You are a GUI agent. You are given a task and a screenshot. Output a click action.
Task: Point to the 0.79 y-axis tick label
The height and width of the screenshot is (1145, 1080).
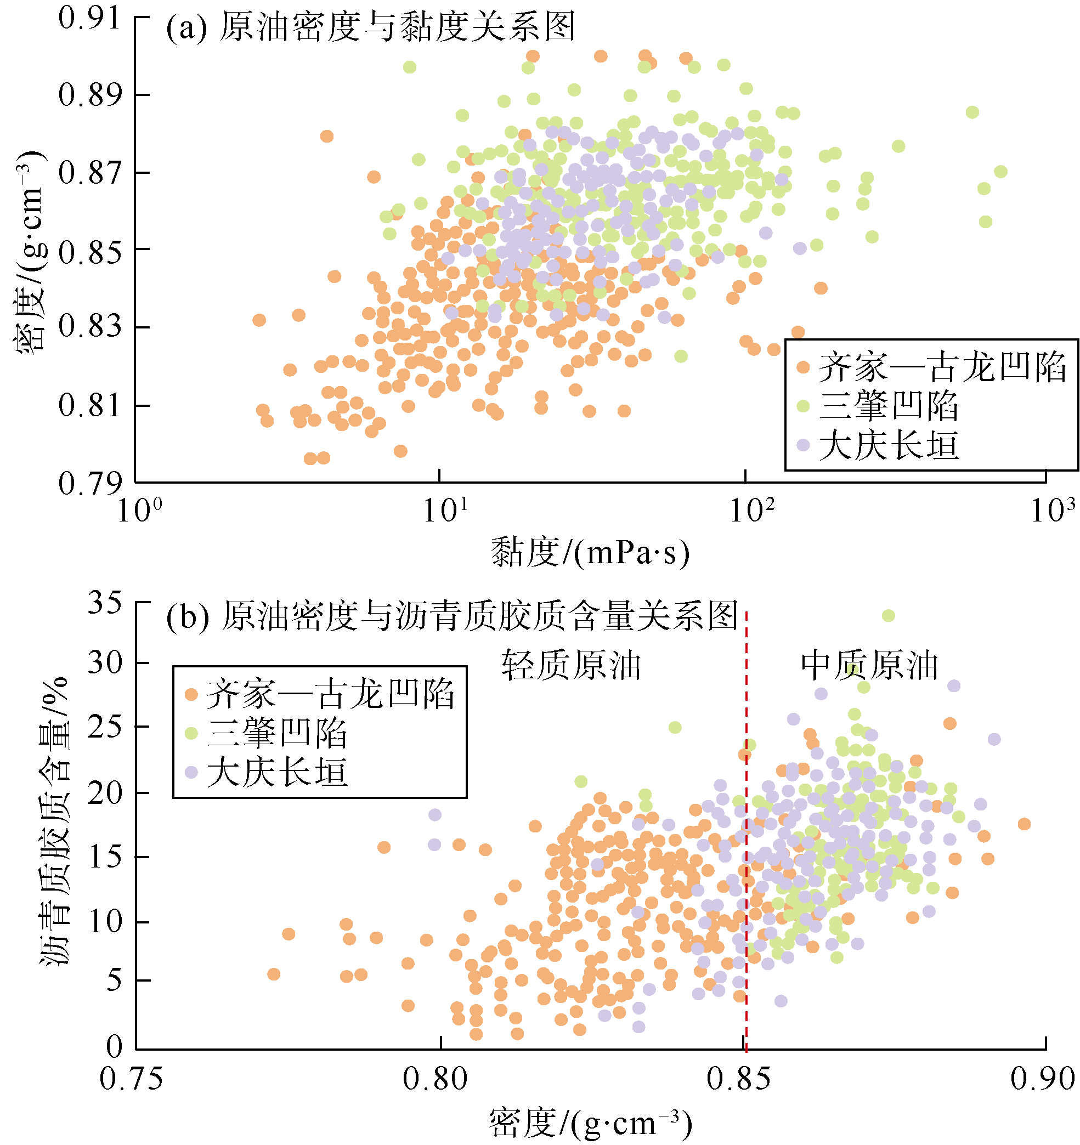89,483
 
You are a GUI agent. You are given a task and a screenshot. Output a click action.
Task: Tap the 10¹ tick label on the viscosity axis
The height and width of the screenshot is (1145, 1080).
445,511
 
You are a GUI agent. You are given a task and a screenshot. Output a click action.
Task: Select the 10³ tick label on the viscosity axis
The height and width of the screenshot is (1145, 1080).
1054,511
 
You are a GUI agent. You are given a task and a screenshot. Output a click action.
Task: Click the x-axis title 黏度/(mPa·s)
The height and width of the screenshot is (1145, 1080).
590,553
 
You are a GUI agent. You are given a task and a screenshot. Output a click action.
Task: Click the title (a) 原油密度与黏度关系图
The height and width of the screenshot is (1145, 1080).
371,27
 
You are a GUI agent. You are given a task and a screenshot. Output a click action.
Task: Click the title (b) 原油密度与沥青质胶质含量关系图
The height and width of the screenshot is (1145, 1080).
451,616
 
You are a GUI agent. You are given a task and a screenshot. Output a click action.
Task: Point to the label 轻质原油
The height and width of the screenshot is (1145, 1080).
571,666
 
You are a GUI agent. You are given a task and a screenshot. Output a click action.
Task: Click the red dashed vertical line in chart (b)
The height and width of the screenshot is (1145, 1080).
747,864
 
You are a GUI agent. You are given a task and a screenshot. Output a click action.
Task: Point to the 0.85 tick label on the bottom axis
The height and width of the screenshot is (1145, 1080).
738,1078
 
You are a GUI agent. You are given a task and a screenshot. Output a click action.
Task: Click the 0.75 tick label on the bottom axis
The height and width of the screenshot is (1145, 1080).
131,1078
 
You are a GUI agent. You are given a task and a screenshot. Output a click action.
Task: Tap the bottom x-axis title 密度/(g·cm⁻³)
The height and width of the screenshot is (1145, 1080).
590,1123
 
